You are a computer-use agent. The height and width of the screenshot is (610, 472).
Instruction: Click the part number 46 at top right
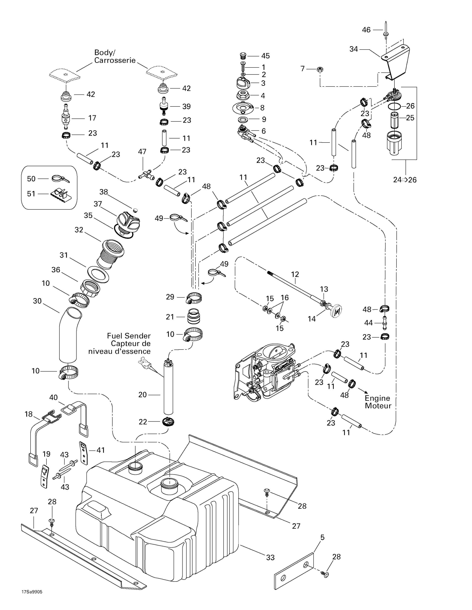tap(366, 30)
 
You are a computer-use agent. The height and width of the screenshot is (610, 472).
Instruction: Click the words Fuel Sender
tap(129, 336)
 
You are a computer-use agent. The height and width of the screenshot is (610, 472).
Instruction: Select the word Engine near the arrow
tap(377, 398)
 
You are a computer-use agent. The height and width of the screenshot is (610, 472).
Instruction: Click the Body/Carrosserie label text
tap(115, 56)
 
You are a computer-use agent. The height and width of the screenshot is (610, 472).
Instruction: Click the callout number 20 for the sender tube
tap(142, 395)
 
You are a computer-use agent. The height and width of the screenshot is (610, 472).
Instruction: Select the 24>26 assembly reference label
tap(405, 180)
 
